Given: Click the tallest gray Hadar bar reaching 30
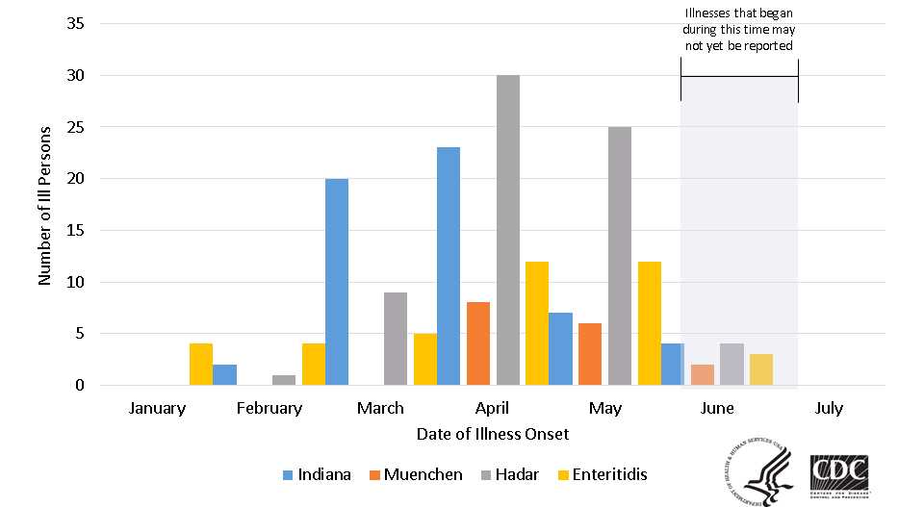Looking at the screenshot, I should pyautogui.click(x=508, y=231).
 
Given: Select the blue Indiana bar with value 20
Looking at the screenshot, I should pyautogui.click(x=337, y=282).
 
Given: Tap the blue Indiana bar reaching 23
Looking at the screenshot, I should pyautogui.click(x=449, y=266).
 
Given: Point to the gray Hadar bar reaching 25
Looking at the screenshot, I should pyautogui.click(x=620, y=256).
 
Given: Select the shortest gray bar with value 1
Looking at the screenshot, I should pyautogui.click(x=283, y=380).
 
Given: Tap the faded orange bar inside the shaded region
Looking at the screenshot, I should pyautogui.click(x=703, y=375).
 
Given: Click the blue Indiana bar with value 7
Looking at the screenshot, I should pyautogui.click(x=560, y=349).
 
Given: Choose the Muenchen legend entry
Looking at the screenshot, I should pyautogui.click(x=415, y=474).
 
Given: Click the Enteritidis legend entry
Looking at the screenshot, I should pyautogui.click(x=605, y=474).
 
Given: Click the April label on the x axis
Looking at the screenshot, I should pyautogui.click(x=493, y=408).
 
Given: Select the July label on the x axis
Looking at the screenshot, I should pyautogui.click(x=828, y=408).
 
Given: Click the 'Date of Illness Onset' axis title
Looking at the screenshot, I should pyautogui.click(x=493, y=434).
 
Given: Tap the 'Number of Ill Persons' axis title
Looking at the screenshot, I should pyautogui.click(x=44, y=205).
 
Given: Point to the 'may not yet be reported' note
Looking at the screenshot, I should pyautogui.click(x=739, y=29).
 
